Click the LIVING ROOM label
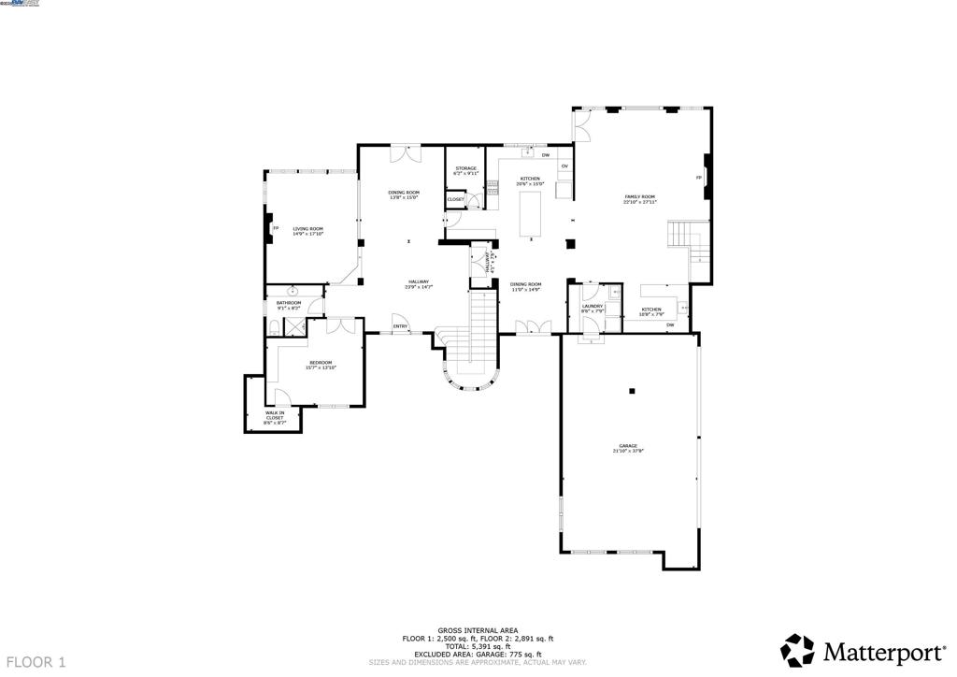tap(307, 228)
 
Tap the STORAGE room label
tap(465, 168)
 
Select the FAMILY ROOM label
tap(640, 196)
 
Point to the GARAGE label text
tap(627, 446)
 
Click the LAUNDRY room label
tap(592, 306)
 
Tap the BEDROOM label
tap(321, 363)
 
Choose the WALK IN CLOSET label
tap(275, 414)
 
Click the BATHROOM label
tap(289, 303)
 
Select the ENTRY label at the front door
tap(400, 326)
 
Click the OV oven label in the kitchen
tap(564, 166)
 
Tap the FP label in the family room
tap(698, 177)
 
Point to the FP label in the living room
tap(275, 228)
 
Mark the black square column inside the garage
tap(633, 391)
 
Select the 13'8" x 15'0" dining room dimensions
tap(403, 197)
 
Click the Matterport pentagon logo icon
tap(797, 649)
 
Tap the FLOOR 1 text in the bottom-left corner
tap(34, 662)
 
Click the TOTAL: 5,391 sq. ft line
tap(478, 646)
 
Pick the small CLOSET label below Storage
tap(455, 199)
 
